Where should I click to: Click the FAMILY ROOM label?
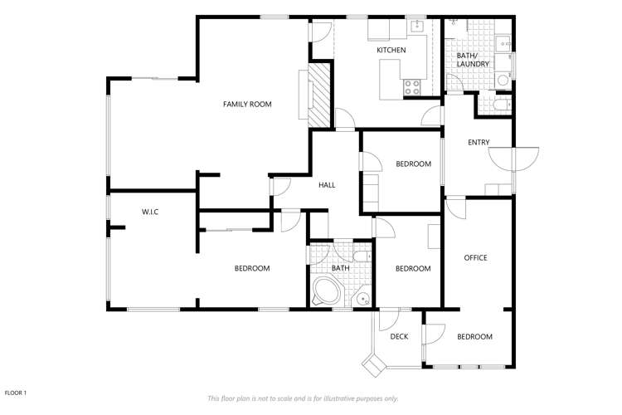[247, 104]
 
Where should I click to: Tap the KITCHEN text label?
[391, 51]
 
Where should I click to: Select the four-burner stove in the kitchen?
[412, 86]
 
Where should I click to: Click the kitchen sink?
[417, 27]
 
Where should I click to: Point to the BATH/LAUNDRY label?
[473, 60]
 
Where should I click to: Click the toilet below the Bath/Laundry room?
[494, 106]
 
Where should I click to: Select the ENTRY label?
[479, 143]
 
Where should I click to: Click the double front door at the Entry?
[514, 156]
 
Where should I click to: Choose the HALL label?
[327, 184]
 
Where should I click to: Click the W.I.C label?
[149, 212]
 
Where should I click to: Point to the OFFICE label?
[475, 258]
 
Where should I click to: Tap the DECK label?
[399, 336]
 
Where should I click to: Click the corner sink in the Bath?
[362, 300]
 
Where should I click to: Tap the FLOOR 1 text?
[17, 393]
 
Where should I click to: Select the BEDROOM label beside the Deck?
[474, 336]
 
